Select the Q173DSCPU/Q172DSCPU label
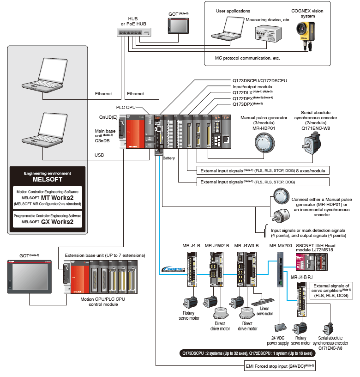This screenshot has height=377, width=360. [x=259, y=80]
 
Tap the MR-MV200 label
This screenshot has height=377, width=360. [x=280, y=246]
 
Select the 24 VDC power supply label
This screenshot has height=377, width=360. [x=281, y=340]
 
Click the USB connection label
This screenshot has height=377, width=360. [x=100, y=155]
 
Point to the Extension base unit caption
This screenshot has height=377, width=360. [x=105, y=255]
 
